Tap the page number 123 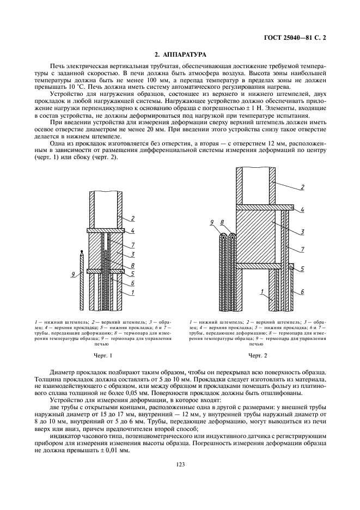180,464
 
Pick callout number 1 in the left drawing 132,292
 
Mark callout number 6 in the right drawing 301,292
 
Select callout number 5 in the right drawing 302,269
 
